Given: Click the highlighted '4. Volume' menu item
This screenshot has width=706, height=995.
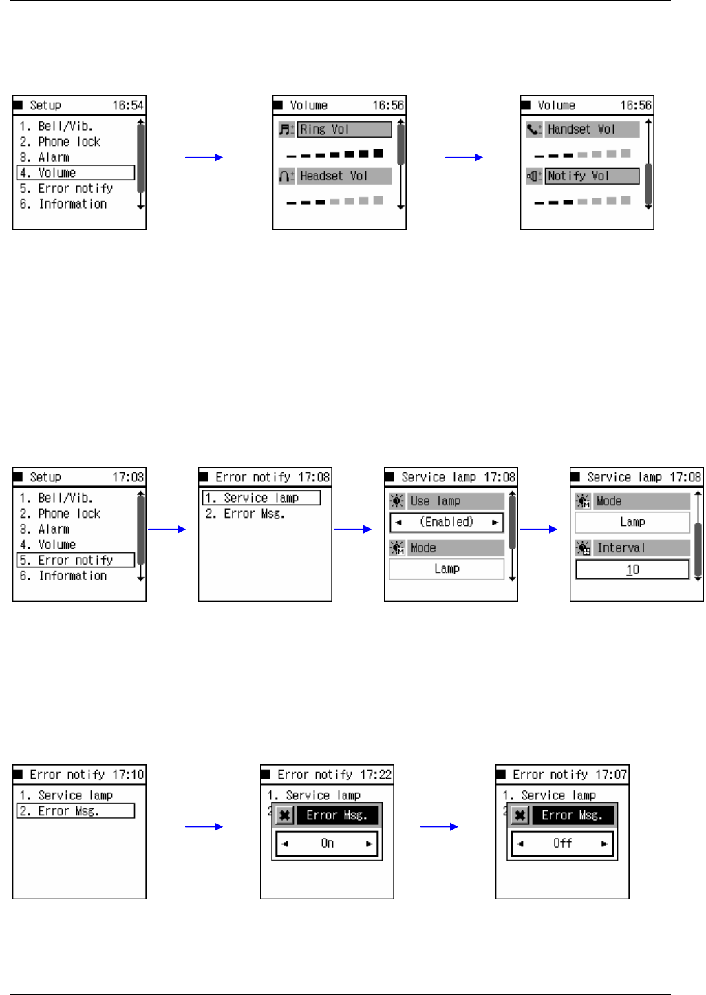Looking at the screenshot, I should (x=76, y=173).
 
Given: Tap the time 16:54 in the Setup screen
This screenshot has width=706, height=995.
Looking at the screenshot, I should (x=128, y=105).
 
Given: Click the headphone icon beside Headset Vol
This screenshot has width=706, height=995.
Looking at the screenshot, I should (x=286, y=176).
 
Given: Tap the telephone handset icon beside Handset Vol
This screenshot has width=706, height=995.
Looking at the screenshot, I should (x=534, y=129).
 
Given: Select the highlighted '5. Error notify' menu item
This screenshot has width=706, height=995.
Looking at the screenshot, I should (x=76, y=561).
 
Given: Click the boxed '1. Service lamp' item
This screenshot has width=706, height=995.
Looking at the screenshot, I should (x=261, y=498).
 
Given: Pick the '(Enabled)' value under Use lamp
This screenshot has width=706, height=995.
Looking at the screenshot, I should (x=447, y=522).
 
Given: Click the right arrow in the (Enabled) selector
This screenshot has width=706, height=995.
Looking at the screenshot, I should (x=495, y=523).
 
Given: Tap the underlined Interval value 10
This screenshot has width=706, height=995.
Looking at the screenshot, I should (x=632, y=569).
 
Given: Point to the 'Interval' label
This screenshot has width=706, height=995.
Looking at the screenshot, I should (x=621, y=548).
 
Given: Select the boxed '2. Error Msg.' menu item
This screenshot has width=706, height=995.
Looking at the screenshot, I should (x=76, y=811).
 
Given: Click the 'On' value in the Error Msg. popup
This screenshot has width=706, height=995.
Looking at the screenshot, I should (x=327, y=844).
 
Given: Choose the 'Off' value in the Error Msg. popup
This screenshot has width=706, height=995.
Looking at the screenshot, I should (x=562, y=844).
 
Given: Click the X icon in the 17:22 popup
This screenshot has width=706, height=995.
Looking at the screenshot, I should (x=284, y=816).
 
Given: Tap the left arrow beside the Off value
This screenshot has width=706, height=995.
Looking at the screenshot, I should (x=520, y=844).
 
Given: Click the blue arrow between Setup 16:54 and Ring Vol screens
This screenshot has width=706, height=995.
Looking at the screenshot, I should (x=204, y=158).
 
